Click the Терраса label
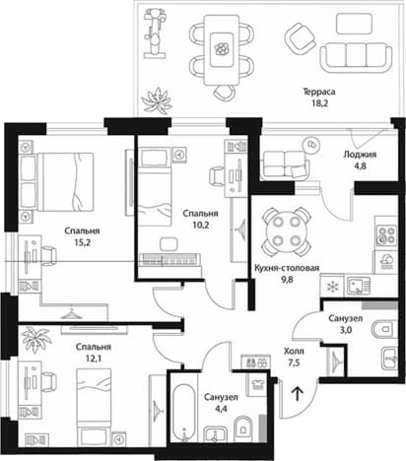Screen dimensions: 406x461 coord(319,92)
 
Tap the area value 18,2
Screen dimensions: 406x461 coord(319,103)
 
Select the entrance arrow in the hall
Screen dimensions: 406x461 coord(298,393)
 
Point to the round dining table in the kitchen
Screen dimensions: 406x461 coord(286,231)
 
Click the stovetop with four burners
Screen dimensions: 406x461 coord(386,234)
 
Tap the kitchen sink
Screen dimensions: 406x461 coord(358,286)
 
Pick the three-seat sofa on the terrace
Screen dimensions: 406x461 coord(356,56)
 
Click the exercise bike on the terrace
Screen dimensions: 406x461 coord(154,33)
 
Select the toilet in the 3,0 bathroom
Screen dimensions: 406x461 coord(383,328)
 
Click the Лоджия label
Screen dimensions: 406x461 coord(360,154)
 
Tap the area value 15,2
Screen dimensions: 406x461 coord(82,243)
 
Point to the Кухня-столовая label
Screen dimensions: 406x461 coord(287,268)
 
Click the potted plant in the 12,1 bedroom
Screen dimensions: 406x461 coord(35,339)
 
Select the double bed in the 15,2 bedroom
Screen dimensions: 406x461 coord(57,181)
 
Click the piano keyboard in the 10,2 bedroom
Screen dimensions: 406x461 coord(169,259)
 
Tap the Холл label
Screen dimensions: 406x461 coord(294,352)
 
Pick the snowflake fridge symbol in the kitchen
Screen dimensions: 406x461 coord(333,287)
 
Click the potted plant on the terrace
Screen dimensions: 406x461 coord(157,101)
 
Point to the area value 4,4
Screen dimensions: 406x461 coord(221,410)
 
